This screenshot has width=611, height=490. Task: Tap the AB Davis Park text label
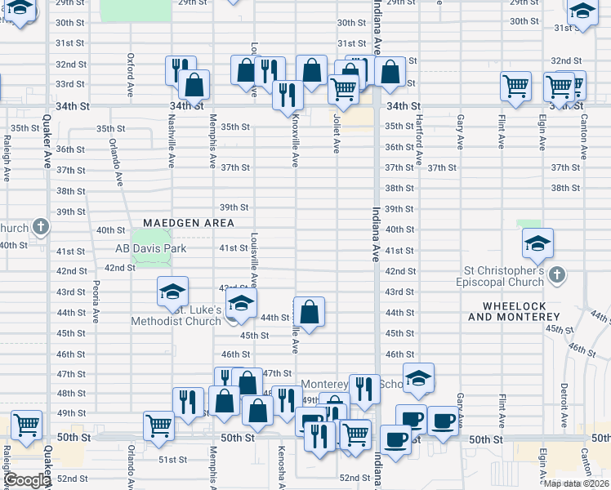[151, 248]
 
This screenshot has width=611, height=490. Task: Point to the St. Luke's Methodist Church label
[176, 315]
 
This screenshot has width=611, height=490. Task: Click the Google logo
[28, 480]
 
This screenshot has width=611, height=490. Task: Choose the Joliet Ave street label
[336, 132]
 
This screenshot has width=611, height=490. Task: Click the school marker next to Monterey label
[418, 378]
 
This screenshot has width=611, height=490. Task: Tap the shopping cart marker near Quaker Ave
[27, 425]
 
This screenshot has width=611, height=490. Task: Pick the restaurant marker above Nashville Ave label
[181, 69]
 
